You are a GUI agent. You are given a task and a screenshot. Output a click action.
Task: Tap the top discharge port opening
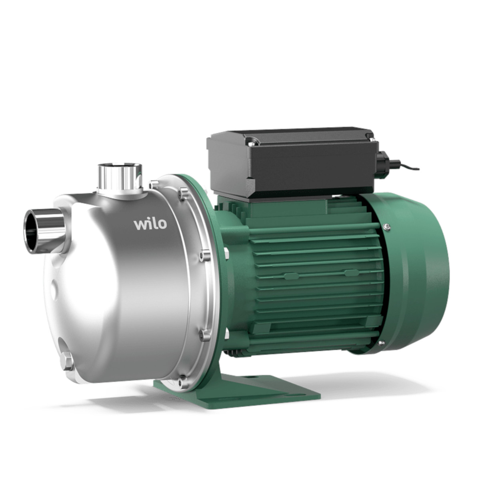tap(120, 165)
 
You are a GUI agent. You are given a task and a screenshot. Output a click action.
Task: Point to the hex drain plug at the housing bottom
tap(66, 361)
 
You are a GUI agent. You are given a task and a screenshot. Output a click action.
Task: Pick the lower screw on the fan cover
tap(381, 343)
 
